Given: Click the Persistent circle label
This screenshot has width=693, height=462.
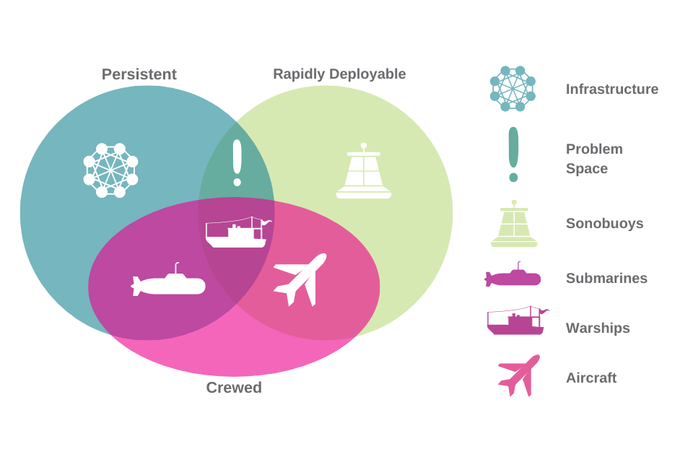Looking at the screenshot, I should [139, 74].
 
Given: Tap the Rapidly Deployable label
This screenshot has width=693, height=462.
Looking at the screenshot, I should [339, 74].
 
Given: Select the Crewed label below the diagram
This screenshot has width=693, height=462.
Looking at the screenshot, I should [234, 388].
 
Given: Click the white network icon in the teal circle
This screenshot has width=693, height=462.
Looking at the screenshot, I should [110, 170].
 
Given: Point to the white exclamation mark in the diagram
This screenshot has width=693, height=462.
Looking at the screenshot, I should [237, 162].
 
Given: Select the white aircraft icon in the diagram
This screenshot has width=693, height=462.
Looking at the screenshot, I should [300, 279].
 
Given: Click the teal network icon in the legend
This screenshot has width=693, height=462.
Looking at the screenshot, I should [513, 89].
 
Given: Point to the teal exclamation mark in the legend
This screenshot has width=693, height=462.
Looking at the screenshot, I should [513, 154].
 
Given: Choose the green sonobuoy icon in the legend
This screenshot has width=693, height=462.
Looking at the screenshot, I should [514, 225].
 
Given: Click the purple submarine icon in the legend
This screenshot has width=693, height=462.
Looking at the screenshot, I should [513, 276].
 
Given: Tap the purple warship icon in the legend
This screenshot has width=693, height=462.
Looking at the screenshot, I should [516, 321].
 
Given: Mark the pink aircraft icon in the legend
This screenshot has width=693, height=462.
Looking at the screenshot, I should [519, 375].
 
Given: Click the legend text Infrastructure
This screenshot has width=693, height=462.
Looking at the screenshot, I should [612, 90].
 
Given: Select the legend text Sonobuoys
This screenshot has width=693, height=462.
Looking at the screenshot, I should [604, 224].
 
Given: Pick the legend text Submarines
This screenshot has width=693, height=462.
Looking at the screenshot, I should [606, 279].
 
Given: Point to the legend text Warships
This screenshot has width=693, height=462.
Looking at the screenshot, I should [598, 328].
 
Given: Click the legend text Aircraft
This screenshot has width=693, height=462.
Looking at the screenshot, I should [591, 378].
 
